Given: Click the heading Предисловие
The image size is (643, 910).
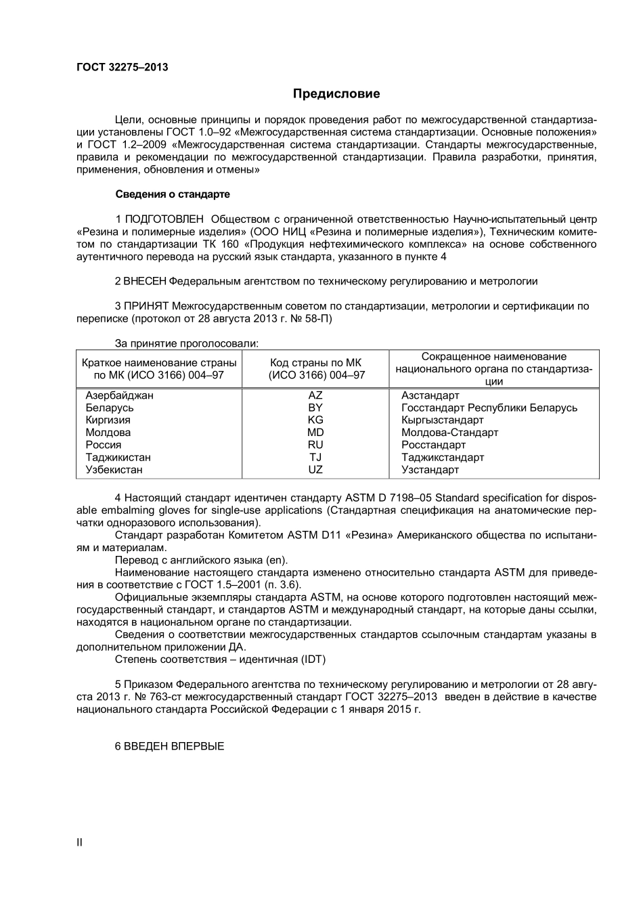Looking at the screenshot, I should click(x=336, y=93).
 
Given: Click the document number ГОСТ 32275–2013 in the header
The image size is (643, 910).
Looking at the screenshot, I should click(x=122, y=67).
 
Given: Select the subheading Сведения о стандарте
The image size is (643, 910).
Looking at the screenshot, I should click(x=173, y=194).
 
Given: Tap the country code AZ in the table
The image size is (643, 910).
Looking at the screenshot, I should click(x=315, y=395).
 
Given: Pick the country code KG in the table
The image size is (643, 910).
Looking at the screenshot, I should click(x=315, y=420).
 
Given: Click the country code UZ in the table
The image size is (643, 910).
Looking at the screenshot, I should click(x=315, y=470).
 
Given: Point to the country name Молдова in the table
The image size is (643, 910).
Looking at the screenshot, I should click(x=108, y=433).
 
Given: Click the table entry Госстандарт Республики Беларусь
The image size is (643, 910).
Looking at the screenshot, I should click(x=489, y=408).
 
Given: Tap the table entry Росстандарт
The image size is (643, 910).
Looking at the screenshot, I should click(x=433, y=445).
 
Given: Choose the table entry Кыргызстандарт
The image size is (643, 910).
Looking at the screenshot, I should click(x=443, y=420).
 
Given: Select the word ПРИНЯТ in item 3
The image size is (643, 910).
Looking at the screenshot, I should click(x=146, y=306).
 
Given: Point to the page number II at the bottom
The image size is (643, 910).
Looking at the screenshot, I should click(x=80, y=842).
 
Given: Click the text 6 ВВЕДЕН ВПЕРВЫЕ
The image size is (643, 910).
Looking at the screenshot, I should click(x=169, y=746).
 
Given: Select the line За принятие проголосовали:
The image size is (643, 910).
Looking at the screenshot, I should click(x=187, y=343).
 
